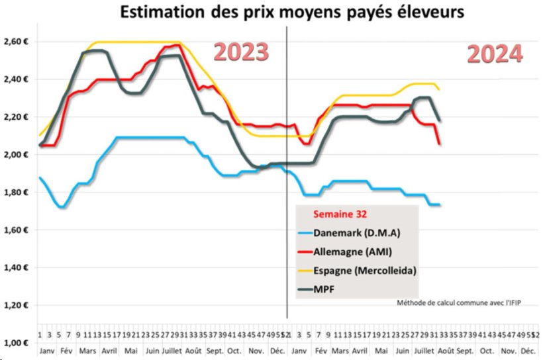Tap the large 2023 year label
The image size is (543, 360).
coord(241,52)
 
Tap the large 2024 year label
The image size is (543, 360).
coord(495,54)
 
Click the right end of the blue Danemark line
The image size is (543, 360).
coord(440,204)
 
